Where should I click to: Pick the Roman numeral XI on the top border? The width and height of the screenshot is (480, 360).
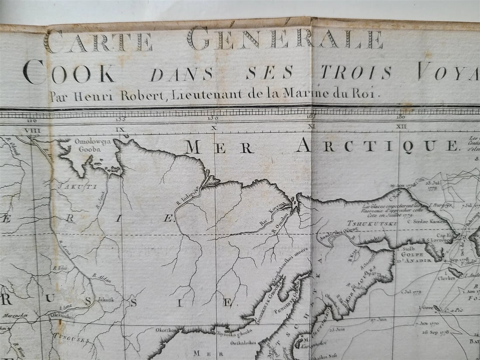tap(311, 126)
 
